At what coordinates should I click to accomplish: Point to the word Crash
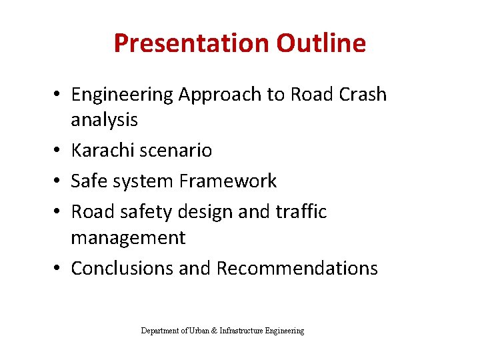(361, 95)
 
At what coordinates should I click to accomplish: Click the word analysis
(104, 120)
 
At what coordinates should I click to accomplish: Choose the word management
(128, 237)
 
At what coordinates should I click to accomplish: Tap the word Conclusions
(122, 268)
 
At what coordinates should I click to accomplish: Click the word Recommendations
(297, 268)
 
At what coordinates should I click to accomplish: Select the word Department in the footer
(160, 331)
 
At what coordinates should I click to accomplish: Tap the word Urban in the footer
(199, 331)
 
